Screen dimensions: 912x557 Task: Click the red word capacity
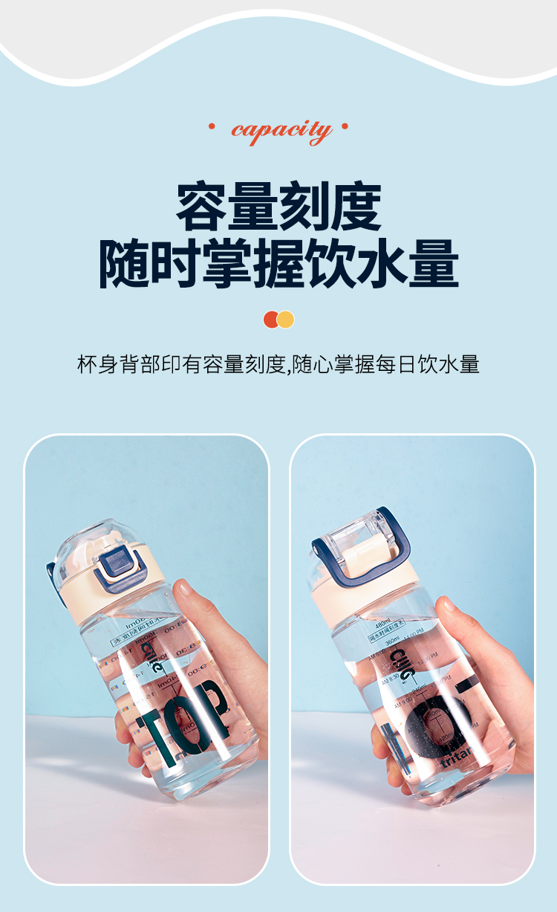click(280, 131)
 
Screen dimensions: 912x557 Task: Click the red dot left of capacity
click(212, 126)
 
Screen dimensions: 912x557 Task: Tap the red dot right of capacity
click(345, 126)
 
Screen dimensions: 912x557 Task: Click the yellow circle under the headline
click(286, 320)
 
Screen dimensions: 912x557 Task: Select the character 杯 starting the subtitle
click(87, 365)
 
